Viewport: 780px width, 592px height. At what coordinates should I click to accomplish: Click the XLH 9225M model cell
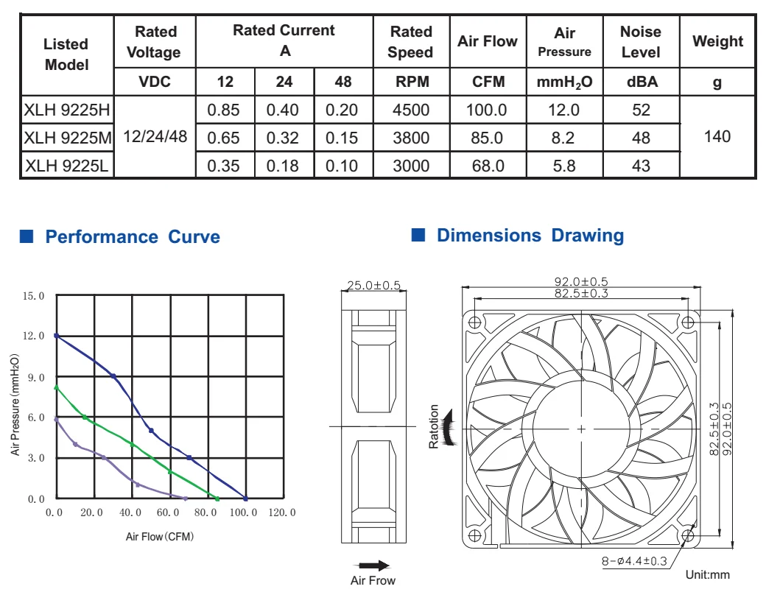68,138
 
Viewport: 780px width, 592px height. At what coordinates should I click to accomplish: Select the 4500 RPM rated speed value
411,110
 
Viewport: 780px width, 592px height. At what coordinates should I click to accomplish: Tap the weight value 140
717,136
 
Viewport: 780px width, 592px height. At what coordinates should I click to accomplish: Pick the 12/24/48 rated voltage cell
155,136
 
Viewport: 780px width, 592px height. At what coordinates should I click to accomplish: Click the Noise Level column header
641,42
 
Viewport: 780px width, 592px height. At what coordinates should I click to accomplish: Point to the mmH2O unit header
565,82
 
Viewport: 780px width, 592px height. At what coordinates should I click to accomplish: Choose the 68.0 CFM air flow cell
488,166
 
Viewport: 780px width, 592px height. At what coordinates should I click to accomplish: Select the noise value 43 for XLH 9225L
641,166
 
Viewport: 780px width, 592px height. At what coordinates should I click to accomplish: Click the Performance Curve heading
133,236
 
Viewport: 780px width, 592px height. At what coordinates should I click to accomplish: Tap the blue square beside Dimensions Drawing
418,235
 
